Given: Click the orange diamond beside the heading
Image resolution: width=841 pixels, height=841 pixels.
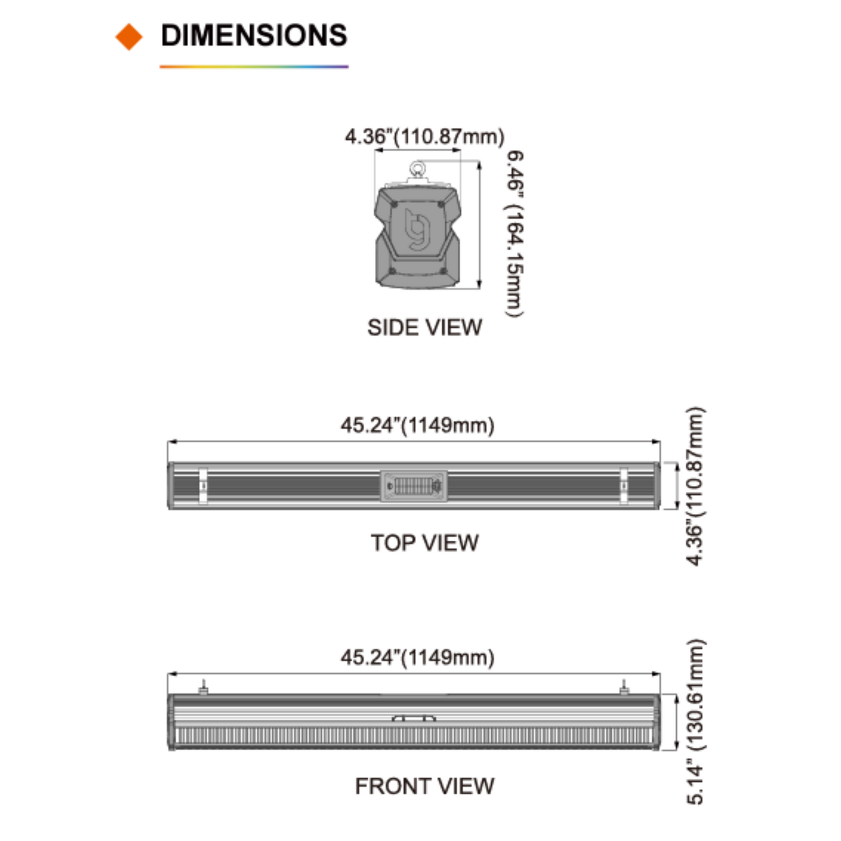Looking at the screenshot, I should coord(129,36).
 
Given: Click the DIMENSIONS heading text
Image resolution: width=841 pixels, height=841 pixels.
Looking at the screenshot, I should coord(254,36).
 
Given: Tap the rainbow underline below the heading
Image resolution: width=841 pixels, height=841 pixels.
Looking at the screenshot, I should coord(254,67).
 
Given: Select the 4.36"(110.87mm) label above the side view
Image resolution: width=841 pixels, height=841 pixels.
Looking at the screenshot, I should coord(424,136).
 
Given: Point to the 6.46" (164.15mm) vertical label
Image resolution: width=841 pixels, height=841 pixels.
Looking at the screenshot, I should coord(514,233).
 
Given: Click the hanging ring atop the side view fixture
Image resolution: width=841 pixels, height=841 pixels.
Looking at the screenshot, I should coord(417,169).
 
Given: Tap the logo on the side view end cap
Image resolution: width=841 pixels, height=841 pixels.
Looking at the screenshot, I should coord(417,229).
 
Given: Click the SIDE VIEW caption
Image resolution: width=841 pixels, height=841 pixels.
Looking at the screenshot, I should coord(424,327).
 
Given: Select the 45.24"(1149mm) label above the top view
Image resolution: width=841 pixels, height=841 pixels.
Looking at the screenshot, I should coord(417,425).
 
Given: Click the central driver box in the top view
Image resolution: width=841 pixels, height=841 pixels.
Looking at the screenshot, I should coord(414,485).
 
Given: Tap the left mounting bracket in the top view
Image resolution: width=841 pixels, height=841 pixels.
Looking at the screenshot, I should coord(203,485).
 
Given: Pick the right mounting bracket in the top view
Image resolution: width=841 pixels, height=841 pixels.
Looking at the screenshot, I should coord(624,485).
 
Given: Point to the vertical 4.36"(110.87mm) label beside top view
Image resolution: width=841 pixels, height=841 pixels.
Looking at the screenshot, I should coord(695,485).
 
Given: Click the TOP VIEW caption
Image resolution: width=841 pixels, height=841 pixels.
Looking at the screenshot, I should coord(424,543).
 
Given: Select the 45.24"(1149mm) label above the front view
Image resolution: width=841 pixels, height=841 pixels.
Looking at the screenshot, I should coord(417,657).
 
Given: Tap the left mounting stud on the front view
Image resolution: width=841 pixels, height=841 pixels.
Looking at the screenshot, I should coord(203,687).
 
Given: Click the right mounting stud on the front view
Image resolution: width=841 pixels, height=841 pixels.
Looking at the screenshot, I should coord(623,687).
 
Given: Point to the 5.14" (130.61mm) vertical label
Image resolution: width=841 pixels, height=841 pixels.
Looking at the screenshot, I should coord(695,722).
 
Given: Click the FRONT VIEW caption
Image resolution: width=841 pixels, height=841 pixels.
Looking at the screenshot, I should coord(424,786).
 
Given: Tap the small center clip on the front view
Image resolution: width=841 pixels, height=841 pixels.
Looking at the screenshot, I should coord(414,719).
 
